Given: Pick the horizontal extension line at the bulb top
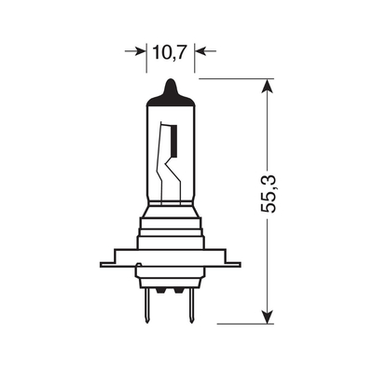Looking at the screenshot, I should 233,80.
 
